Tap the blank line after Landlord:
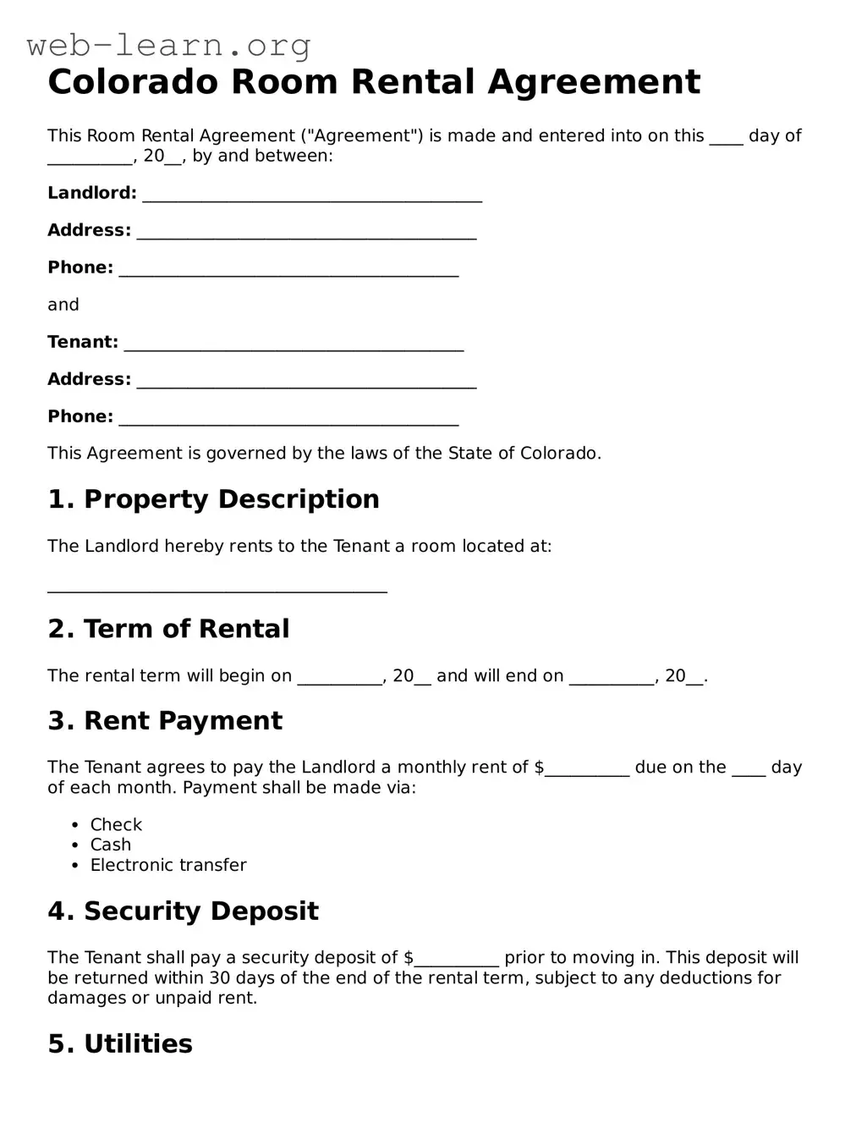pos(312,195)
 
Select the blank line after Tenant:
pos(294,344)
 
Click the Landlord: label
pos(91,193)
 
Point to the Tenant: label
pos(83,342)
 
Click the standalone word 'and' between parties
pos(63,305)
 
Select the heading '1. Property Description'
pos(213,499)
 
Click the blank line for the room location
pos(217,586)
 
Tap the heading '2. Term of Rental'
pos(168,629)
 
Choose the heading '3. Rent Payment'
pos(165,721)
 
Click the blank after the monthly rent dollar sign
pos(587,769)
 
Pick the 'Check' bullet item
pos(116,824)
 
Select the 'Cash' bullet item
pos(111,845)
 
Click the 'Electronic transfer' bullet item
pos(168,865)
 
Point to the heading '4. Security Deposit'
pos(183,911)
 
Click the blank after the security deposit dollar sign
pos(457,960)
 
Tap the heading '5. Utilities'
pos(120,1044)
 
